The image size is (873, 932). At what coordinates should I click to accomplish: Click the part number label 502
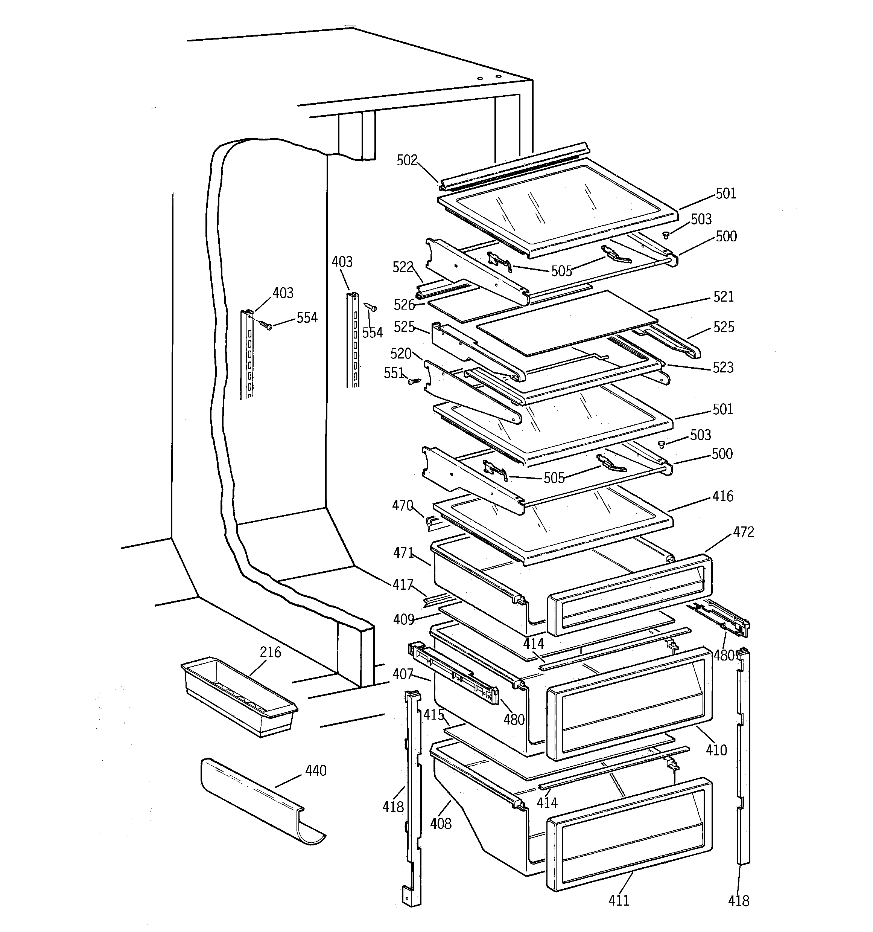coord(406,161)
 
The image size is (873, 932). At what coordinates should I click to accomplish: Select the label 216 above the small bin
coord(271,653)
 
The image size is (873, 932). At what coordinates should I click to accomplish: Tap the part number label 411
coord(619,901)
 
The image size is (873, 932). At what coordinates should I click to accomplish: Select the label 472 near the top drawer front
coord(743,532)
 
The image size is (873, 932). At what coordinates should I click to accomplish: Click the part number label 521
coord(723,297)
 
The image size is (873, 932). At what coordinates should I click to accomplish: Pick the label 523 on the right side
coord(722,368)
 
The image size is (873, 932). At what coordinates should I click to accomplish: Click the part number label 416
coord(722,496)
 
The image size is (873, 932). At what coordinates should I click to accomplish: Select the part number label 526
coord(404,305)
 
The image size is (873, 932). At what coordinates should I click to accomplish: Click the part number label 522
coord(403,267)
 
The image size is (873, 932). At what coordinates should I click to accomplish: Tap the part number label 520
coord(401,354)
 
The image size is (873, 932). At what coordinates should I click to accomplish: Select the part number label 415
coord(433,715)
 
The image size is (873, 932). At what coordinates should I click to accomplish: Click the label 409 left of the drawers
coord(403,620)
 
